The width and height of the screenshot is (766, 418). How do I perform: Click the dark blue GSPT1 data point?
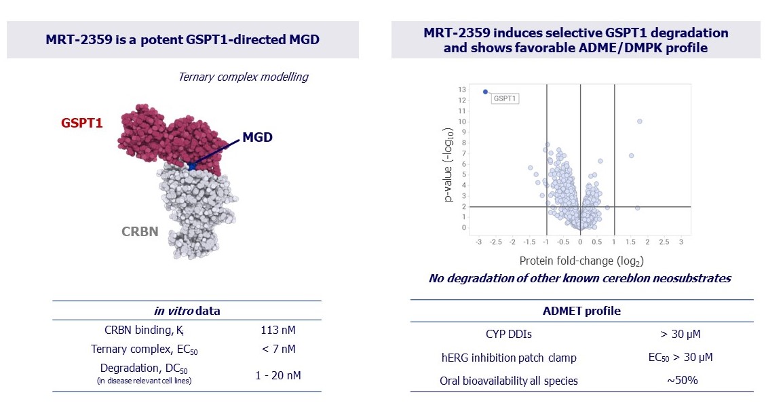point(485,92)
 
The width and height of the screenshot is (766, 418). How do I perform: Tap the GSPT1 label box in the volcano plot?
point(505,98)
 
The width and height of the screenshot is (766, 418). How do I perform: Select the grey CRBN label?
point(140,232)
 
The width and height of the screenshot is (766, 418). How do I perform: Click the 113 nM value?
point(278,330)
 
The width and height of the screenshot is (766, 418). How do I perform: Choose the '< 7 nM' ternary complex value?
point(278,349)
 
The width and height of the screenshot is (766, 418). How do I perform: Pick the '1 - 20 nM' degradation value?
point(278,375)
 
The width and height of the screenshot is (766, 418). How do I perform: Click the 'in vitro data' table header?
point(187,311)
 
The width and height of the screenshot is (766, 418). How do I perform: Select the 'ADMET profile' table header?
point(581,311)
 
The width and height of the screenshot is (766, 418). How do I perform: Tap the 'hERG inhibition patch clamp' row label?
point(509,357)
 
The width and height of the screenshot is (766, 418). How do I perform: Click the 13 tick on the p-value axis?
point(462,90)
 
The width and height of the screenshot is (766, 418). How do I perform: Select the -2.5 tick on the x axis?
point(497,242)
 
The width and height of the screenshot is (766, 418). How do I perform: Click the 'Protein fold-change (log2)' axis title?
point(581,261)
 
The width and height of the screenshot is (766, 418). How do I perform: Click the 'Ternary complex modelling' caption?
point(243,77)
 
